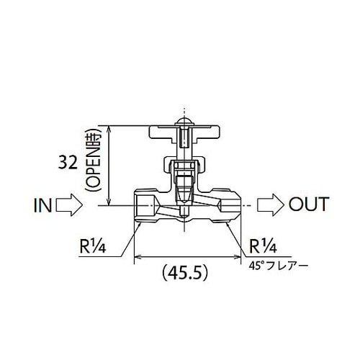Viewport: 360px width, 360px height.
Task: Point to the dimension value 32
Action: coord(70,164)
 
